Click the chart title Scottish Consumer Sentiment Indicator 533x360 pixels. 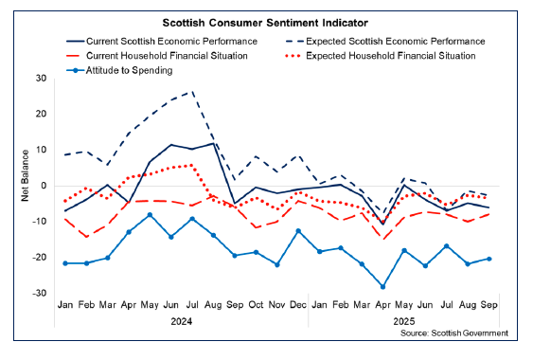pyautogui.click(x=265, y=21)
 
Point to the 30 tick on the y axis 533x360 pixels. pyautogui.click(x=41, y=78)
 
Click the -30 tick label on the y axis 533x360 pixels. pyautogui.click(x=39, y=294)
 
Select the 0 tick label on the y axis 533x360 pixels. pyautogui.click(x=44, y=186)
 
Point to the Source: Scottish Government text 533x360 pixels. pyautogui.click(x=455, y=333)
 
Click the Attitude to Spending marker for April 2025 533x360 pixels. pyautogui.click(x=382, y=286)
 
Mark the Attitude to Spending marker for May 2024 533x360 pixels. pyautogui.click(x=150, y=215)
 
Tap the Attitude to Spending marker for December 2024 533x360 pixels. pyautogui.click(x=298, y=231)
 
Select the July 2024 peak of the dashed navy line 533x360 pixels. pyautogui.click(x=193, y=92)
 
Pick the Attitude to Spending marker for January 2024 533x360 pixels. pyautogui.click(x=65, y=263)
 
